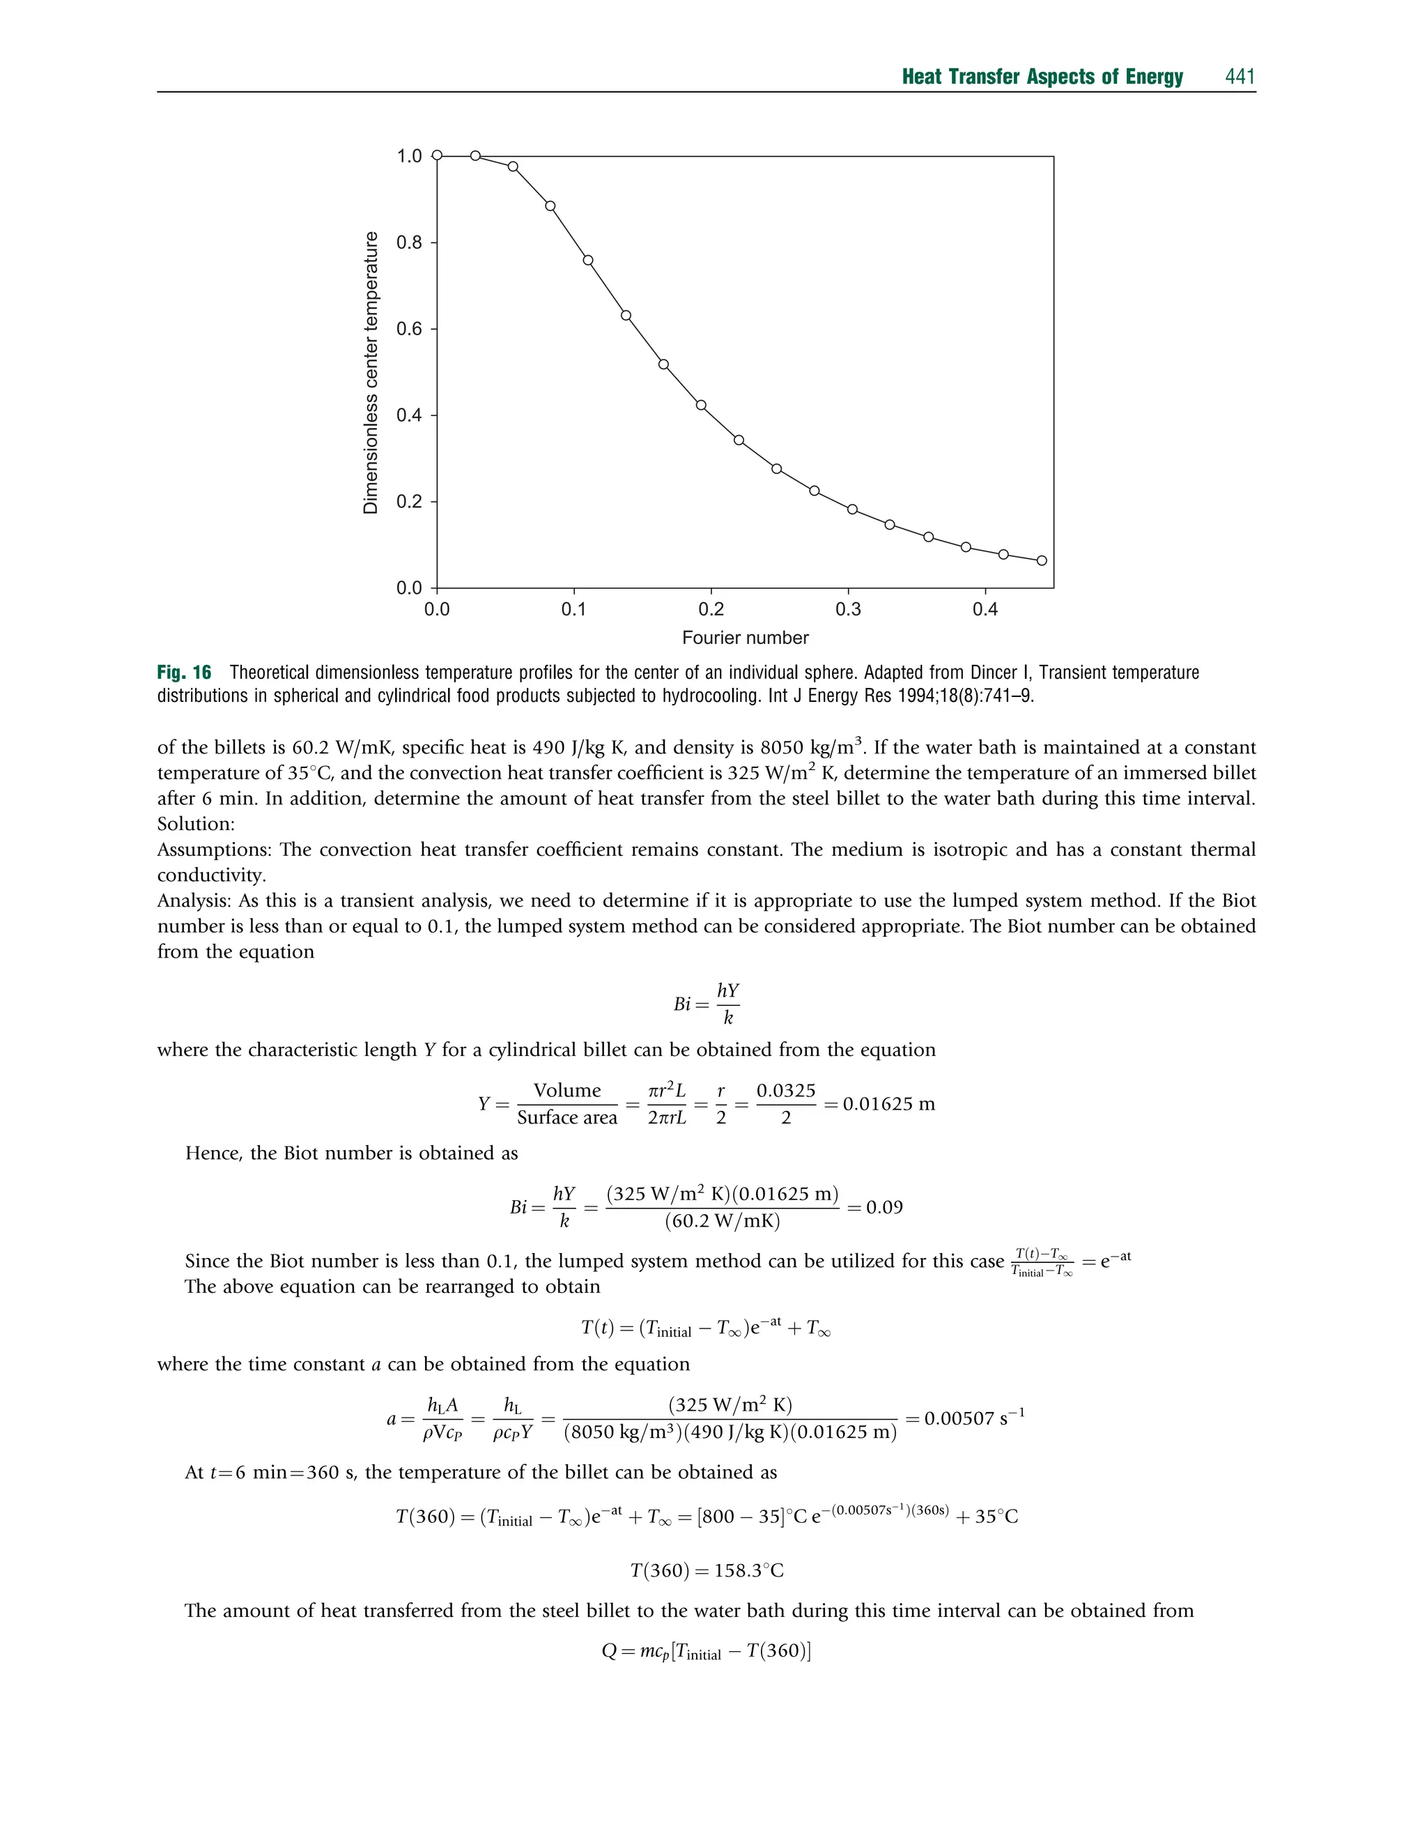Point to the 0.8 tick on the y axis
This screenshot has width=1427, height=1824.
[x=410, y=243]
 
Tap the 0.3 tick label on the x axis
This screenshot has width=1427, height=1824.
[x=848, y=609]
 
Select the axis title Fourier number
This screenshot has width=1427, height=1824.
[x=746, y=638]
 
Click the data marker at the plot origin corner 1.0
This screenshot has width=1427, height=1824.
[x=437, y=155]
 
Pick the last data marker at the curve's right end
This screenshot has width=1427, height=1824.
[x=1042, y=560]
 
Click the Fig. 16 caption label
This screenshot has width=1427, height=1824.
[x=184, y=673]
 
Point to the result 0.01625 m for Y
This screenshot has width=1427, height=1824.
[x=889, y=1104]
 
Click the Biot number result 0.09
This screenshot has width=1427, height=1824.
[x=884, y=1207]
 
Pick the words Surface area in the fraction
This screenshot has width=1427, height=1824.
[x=567, y=1118]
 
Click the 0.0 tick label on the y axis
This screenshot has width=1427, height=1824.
[x=410, y=588]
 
